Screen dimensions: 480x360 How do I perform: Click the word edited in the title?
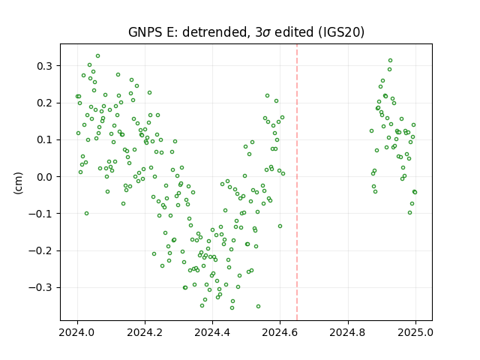[294, 32]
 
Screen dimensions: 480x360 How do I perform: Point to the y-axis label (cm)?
[18, 183]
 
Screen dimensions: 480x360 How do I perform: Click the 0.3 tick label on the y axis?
[45, 66]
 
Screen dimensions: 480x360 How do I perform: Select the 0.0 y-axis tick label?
[45, 177]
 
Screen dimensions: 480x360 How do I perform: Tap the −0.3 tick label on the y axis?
[40, 288]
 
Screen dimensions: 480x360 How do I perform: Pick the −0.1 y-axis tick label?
[40, 214]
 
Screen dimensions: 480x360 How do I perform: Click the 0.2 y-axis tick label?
[45, 103]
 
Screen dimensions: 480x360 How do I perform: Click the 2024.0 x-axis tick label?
[77, 332]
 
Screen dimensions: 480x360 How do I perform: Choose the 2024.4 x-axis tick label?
[212, 332]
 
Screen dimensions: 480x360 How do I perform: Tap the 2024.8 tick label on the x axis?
[348, 332]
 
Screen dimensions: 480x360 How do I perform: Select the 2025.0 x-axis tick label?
[415, 332]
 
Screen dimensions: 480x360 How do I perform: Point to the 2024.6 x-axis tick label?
[280, 332]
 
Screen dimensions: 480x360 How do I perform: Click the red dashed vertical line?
[297, 182]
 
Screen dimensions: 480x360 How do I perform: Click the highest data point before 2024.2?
[98, 56]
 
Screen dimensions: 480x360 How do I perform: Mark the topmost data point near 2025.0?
[390, 61]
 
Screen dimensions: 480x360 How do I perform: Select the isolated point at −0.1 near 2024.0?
[87, 213]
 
